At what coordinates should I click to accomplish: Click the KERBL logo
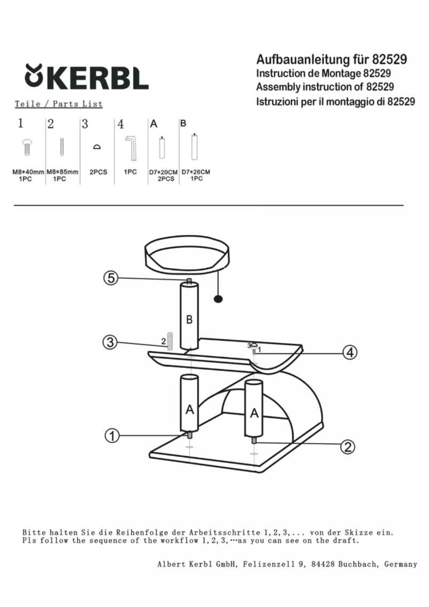[x=87, y=77]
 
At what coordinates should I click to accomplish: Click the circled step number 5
[x=111, y=278]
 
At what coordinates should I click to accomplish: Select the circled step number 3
[x=110, y=342]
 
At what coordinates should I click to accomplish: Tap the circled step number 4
[x=350, y=352]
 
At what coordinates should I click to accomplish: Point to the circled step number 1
[x=112, y=436]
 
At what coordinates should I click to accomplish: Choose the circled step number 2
[x=347, y=447]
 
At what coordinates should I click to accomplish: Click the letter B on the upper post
[x=189, y=320]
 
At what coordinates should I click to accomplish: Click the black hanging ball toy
[x=218, y=299]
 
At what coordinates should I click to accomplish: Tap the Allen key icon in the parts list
[x=131, y=148]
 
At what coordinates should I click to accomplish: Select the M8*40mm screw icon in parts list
[x=27, y=147]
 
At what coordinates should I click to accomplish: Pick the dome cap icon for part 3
[x=97, y=147]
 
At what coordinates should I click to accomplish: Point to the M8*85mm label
[x=62, y=172]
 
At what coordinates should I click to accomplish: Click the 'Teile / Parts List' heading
[x=59, y=104]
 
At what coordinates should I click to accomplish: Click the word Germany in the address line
[x=400, y=564]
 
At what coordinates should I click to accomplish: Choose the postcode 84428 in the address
[x=323, y=564]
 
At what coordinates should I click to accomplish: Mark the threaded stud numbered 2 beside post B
[x=169, y=341]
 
